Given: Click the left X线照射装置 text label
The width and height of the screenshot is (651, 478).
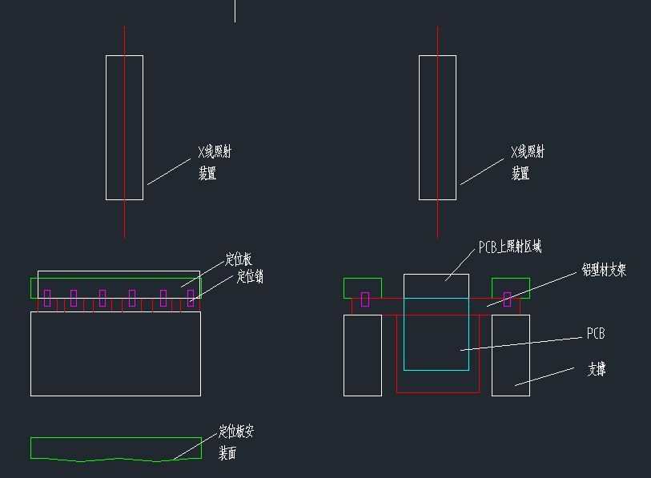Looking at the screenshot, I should [x=215, y=162].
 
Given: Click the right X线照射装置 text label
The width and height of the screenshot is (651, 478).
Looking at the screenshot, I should [x=528, y=162].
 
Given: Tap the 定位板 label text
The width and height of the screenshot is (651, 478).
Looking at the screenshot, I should [x=238, y=259].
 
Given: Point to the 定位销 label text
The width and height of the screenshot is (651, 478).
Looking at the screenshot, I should [x=250, y=277].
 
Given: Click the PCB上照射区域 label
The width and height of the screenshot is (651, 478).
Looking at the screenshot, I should [x=509, y=247].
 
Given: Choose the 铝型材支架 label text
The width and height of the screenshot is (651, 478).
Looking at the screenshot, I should [x=604, y=271].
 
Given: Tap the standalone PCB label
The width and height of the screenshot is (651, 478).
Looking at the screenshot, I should [x=596, y=333].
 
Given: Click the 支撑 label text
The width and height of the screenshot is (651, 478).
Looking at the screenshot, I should [x=597, y=369].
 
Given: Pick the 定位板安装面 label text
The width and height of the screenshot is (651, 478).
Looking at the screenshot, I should [x=235, y=442].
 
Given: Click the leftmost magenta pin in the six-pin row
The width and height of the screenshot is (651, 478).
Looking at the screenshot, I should [x=47, y=298].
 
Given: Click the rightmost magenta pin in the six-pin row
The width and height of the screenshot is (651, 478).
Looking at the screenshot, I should [x=191, y=298].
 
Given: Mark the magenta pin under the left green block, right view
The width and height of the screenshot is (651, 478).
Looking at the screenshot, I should [x=365, y=299].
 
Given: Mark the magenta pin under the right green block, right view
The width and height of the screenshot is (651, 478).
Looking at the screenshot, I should [x=507, y=299].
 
